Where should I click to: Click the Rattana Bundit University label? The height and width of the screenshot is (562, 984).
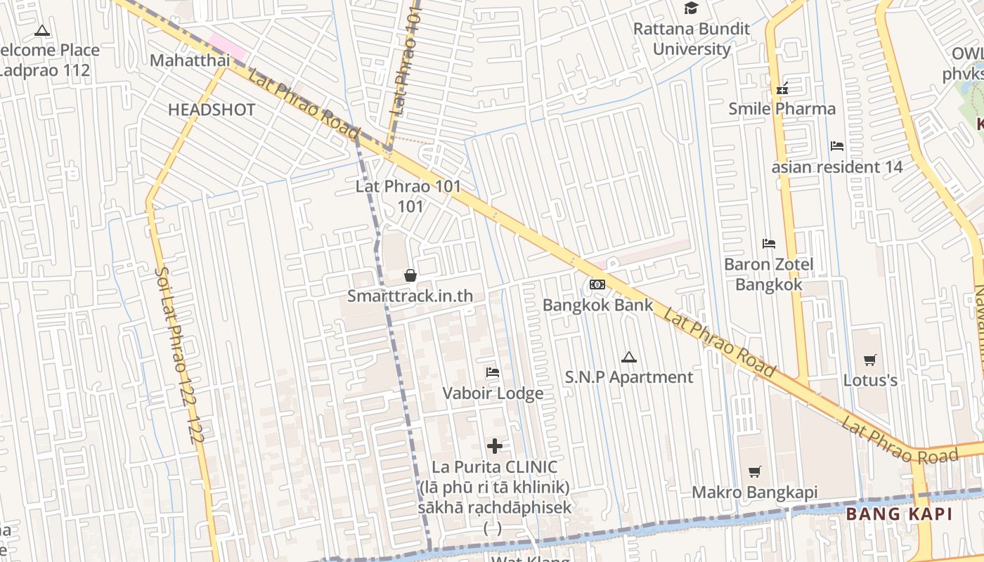(692, 39)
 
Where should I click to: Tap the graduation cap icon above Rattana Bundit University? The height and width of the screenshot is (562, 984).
(692, 8)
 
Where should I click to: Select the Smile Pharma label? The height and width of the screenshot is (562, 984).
(782, 108)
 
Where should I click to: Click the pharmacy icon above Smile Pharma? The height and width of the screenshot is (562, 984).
(782, 89)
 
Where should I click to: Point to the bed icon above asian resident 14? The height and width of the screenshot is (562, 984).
(837, 146)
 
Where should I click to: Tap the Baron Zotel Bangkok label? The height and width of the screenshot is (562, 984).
(769, 274)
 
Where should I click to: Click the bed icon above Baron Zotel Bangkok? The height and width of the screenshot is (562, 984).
(769, 244)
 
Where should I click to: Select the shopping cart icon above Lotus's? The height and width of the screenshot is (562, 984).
(870, 360)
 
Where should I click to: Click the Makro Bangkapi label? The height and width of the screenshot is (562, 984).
(755, 492)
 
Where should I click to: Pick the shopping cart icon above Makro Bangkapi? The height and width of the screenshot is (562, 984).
(755, 472)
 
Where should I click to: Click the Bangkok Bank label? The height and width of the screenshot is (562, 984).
(597, 306)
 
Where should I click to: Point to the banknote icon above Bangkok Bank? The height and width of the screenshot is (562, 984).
(597, 285)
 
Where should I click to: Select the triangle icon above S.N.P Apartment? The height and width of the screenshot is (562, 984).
(628, 357)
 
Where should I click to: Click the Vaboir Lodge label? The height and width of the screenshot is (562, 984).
(493, 393)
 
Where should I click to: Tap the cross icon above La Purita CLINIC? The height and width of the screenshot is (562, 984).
(495, 446)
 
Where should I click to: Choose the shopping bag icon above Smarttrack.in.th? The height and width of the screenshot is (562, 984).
(410, 275)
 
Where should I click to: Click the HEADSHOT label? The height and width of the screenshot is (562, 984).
(212, 110)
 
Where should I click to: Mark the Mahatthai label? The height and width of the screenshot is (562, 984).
(190, 60)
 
